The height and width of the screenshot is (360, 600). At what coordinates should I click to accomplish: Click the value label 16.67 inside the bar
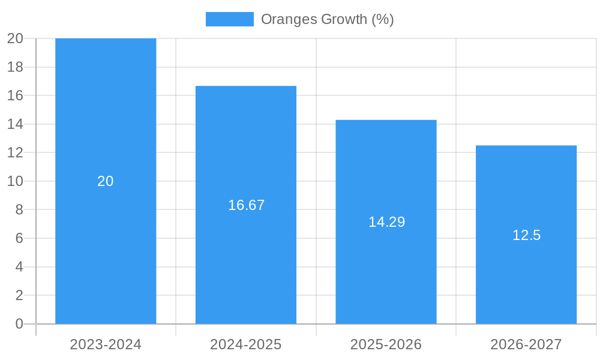point(246,205)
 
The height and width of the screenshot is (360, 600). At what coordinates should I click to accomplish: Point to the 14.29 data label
point(386,222)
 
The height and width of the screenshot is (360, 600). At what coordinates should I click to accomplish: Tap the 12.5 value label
point(526,235)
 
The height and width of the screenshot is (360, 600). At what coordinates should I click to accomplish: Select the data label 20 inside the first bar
point(106,181)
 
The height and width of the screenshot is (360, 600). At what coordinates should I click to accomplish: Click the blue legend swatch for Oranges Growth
point(229,19)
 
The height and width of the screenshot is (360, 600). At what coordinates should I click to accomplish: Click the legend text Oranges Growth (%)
point(327,19)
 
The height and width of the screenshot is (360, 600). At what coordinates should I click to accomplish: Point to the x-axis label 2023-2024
point(106,344)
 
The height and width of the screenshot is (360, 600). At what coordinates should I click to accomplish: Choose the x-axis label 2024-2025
point(246,344)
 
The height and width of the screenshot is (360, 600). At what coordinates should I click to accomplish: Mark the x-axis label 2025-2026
point(386,344)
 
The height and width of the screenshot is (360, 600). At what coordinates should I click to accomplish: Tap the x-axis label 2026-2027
point(526,344)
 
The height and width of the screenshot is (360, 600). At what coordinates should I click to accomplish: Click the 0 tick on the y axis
point(19,324)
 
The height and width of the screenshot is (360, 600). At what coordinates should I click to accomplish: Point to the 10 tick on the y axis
point(15,181)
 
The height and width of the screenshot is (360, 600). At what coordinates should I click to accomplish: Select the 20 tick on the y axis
point(15,38)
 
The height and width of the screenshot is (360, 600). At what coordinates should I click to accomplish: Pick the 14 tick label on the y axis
point(15,124)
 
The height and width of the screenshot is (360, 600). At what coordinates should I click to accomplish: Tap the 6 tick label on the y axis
point(19,238)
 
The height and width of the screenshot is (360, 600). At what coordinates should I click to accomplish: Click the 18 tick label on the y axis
point(15,67)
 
